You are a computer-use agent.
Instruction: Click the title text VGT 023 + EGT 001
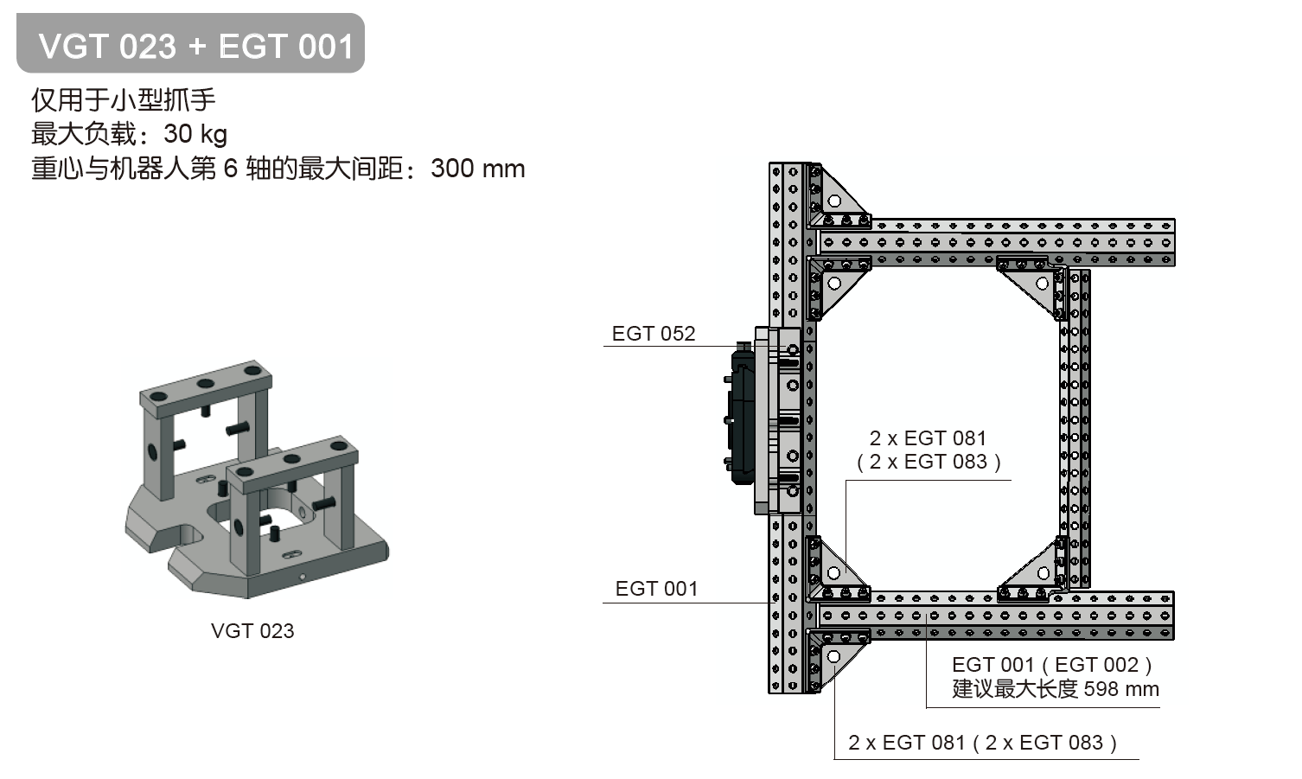tap(195, 46)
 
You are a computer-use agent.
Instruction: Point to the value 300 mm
tap(477, 168)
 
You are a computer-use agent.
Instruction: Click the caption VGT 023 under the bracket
tap(252, 631)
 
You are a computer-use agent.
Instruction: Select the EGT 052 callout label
tap(653, 334)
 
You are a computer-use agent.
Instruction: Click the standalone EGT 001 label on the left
tap(656, 589)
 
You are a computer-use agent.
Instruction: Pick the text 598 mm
tap(1120, 689)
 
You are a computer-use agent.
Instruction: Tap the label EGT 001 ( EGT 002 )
tap(1051, 665)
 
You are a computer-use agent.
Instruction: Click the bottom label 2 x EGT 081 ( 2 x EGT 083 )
tap(982, 743)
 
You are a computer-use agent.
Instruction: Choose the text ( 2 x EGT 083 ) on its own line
tap(929, 462)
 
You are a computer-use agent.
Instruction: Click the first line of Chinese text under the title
tap(124, 100)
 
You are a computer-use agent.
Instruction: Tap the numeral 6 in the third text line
tap(230, 168)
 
